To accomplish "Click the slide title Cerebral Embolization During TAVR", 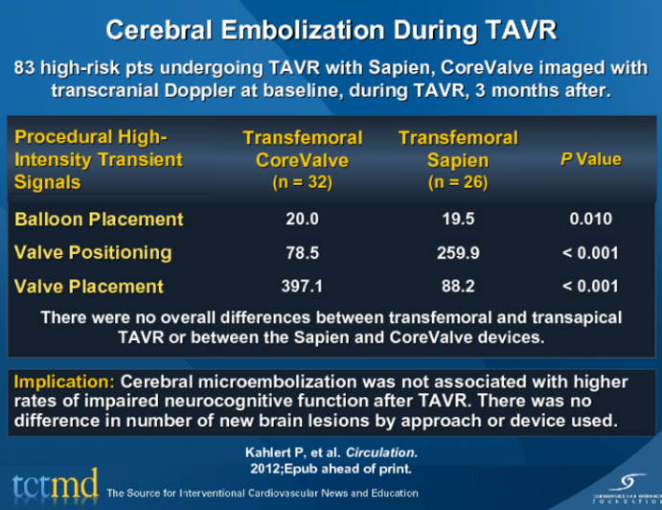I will pos(331,30).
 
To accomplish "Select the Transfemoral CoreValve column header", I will pos(302,150).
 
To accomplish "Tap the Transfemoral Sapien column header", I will pos(458,150).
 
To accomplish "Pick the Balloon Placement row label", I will pos(99,220).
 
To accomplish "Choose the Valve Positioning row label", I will pos(93,253).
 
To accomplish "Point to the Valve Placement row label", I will pos(89,287).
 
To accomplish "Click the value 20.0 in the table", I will pos(302,220).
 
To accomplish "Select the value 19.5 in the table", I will pos(458,220).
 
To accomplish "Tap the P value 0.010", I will pos(590,220).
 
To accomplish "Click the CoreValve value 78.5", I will pos(302,253).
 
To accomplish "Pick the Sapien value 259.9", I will pos(458,253).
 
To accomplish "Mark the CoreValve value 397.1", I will pos(302,287).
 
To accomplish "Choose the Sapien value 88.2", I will pos(458,287).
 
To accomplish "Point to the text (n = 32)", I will pos(302,182).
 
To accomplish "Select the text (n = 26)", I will pos(458,182).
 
